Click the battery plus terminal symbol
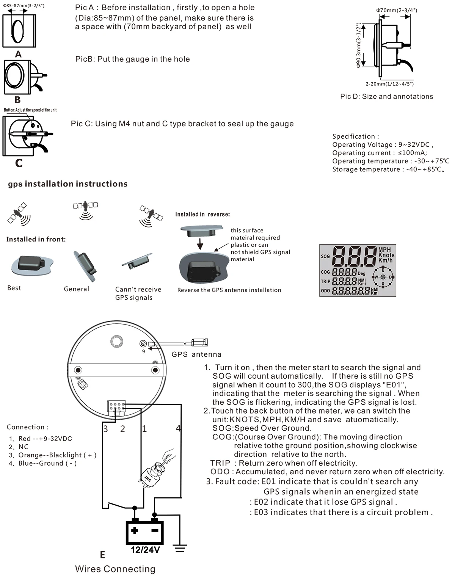135,530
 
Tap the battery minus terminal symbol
155,530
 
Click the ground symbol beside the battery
180,549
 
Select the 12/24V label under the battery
145,550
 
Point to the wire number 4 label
178,428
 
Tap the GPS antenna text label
196,354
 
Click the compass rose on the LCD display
383,277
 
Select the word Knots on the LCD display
386,255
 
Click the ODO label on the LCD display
325,291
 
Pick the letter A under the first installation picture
18,54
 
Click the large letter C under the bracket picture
19,163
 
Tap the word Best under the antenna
14,288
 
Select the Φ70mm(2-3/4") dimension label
397,11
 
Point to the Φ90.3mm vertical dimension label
358,45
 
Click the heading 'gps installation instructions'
67,184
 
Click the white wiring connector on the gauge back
116,408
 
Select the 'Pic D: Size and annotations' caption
387,97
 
